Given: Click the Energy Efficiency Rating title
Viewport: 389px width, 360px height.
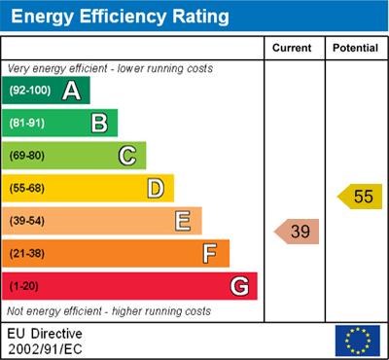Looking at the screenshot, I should (x=120, y=17).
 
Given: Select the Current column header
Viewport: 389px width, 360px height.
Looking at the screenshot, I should (x=292, y=48).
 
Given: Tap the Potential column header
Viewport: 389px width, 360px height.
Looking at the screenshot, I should (x=355, y=48).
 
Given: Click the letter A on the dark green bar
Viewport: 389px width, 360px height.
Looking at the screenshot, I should (x=71, y=91).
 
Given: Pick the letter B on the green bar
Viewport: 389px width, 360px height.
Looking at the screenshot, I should (x=99, y=124).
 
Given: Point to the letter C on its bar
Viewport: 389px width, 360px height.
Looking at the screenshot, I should (x=126, y=156).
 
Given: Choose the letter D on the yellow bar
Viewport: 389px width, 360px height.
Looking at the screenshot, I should (x=155, y=189).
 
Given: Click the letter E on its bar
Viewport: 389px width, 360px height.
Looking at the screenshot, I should (x=182, y=221).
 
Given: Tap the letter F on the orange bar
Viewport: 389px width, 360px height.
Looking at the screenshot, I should (x=209, y=254).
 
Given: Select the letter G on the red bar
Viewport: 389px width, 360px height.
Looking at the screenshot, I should (x=238, y=286).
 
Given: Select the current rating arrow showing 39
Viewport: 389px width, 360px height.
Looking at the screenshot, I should (x=298, y=232).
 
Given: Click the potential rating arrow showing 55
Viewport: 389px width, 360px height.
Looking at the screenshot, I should (x=360, y=197).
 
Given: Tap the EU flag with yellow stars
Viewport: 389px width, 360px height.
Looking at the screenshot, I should (x=357, y=340).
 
